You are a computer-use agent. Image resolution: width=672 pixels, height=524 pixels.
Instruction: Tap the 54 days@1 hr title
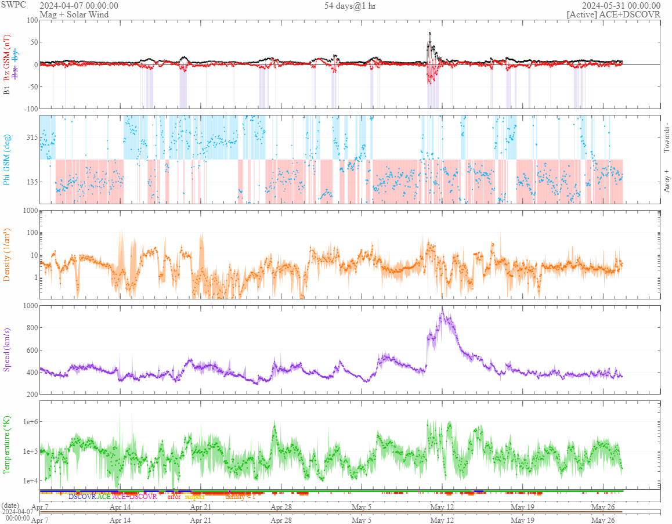tap(350, 6)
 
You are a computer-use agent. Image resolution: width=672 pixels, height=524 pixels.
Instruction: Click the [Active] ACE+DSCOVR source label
tap(613, 15)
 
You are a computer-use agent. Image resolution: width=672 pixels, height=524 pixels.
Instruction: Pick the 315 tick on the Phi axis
tap(31, 138)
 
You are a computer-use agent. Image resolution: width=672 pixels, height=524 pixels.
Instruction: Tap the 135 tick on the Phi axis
tap(31, 182)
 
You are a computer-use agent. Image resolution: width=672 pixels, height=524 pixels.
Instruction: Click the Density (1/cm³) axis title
tap(7, 254)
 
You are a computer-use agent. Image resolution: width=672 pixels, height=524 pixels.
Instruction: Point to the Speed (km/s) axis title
tap(7, 349)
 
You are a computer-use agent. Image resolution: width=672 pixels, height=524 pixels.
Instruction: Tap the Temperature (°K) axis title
tap(7, 445)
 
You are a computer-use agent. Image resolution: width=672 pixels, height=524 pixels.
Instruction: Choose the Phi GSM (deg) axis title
tap(7, 159)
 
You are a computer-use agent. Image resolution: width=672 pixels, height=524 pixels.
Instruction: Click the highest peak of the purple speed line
tap(442, 309)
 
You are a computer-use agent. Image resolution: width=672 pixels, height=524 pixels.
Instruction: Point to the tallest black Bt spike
tap(429, 32)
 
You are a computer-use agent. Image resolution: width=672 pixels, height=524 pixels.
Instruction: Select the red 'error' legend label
tap(174, 497)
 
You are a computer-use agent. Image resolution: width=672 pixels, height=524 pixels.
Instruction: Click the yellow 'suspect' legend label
tap(194, 497)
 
